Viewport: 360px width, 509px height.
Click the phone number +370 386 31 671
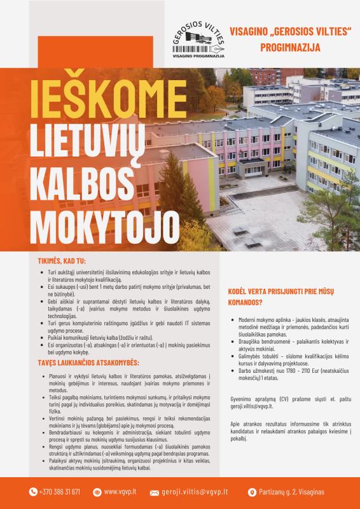point(59,492)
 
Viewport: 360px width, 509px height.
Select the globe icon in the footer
point(97,492)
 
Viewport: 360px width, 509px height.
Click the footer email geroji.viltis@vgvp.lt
point(197,492)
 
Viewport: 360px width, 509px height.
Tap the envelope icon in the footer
point(154,492)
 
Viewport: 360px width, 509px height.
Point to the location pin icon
point(252,492)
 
